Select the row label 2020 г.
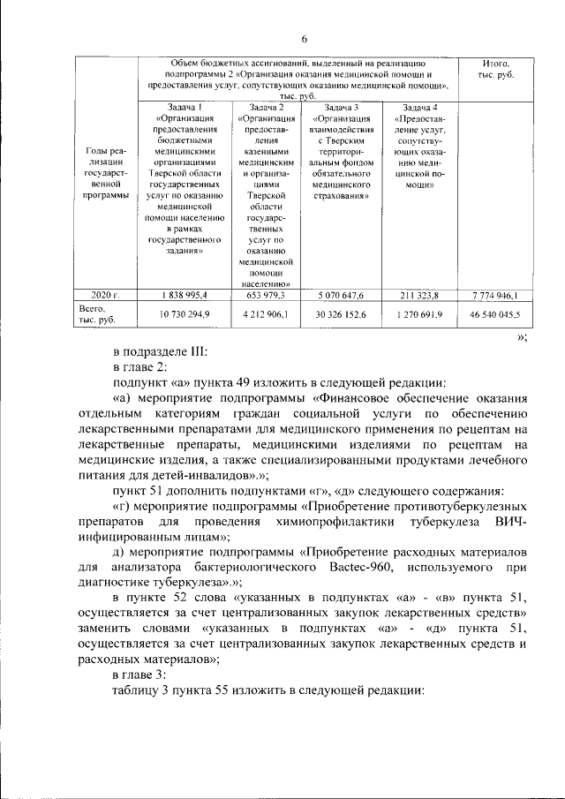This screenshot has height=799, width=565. point(105,295)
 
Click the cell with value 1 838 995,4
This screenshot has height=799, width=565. point(184,295)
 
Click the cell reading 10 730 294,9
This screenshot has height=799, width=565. point(184,314)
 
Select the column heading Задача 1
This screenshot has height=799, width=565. point(184,107)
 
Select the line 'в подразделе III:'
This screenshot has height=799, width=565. point(159,351)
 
